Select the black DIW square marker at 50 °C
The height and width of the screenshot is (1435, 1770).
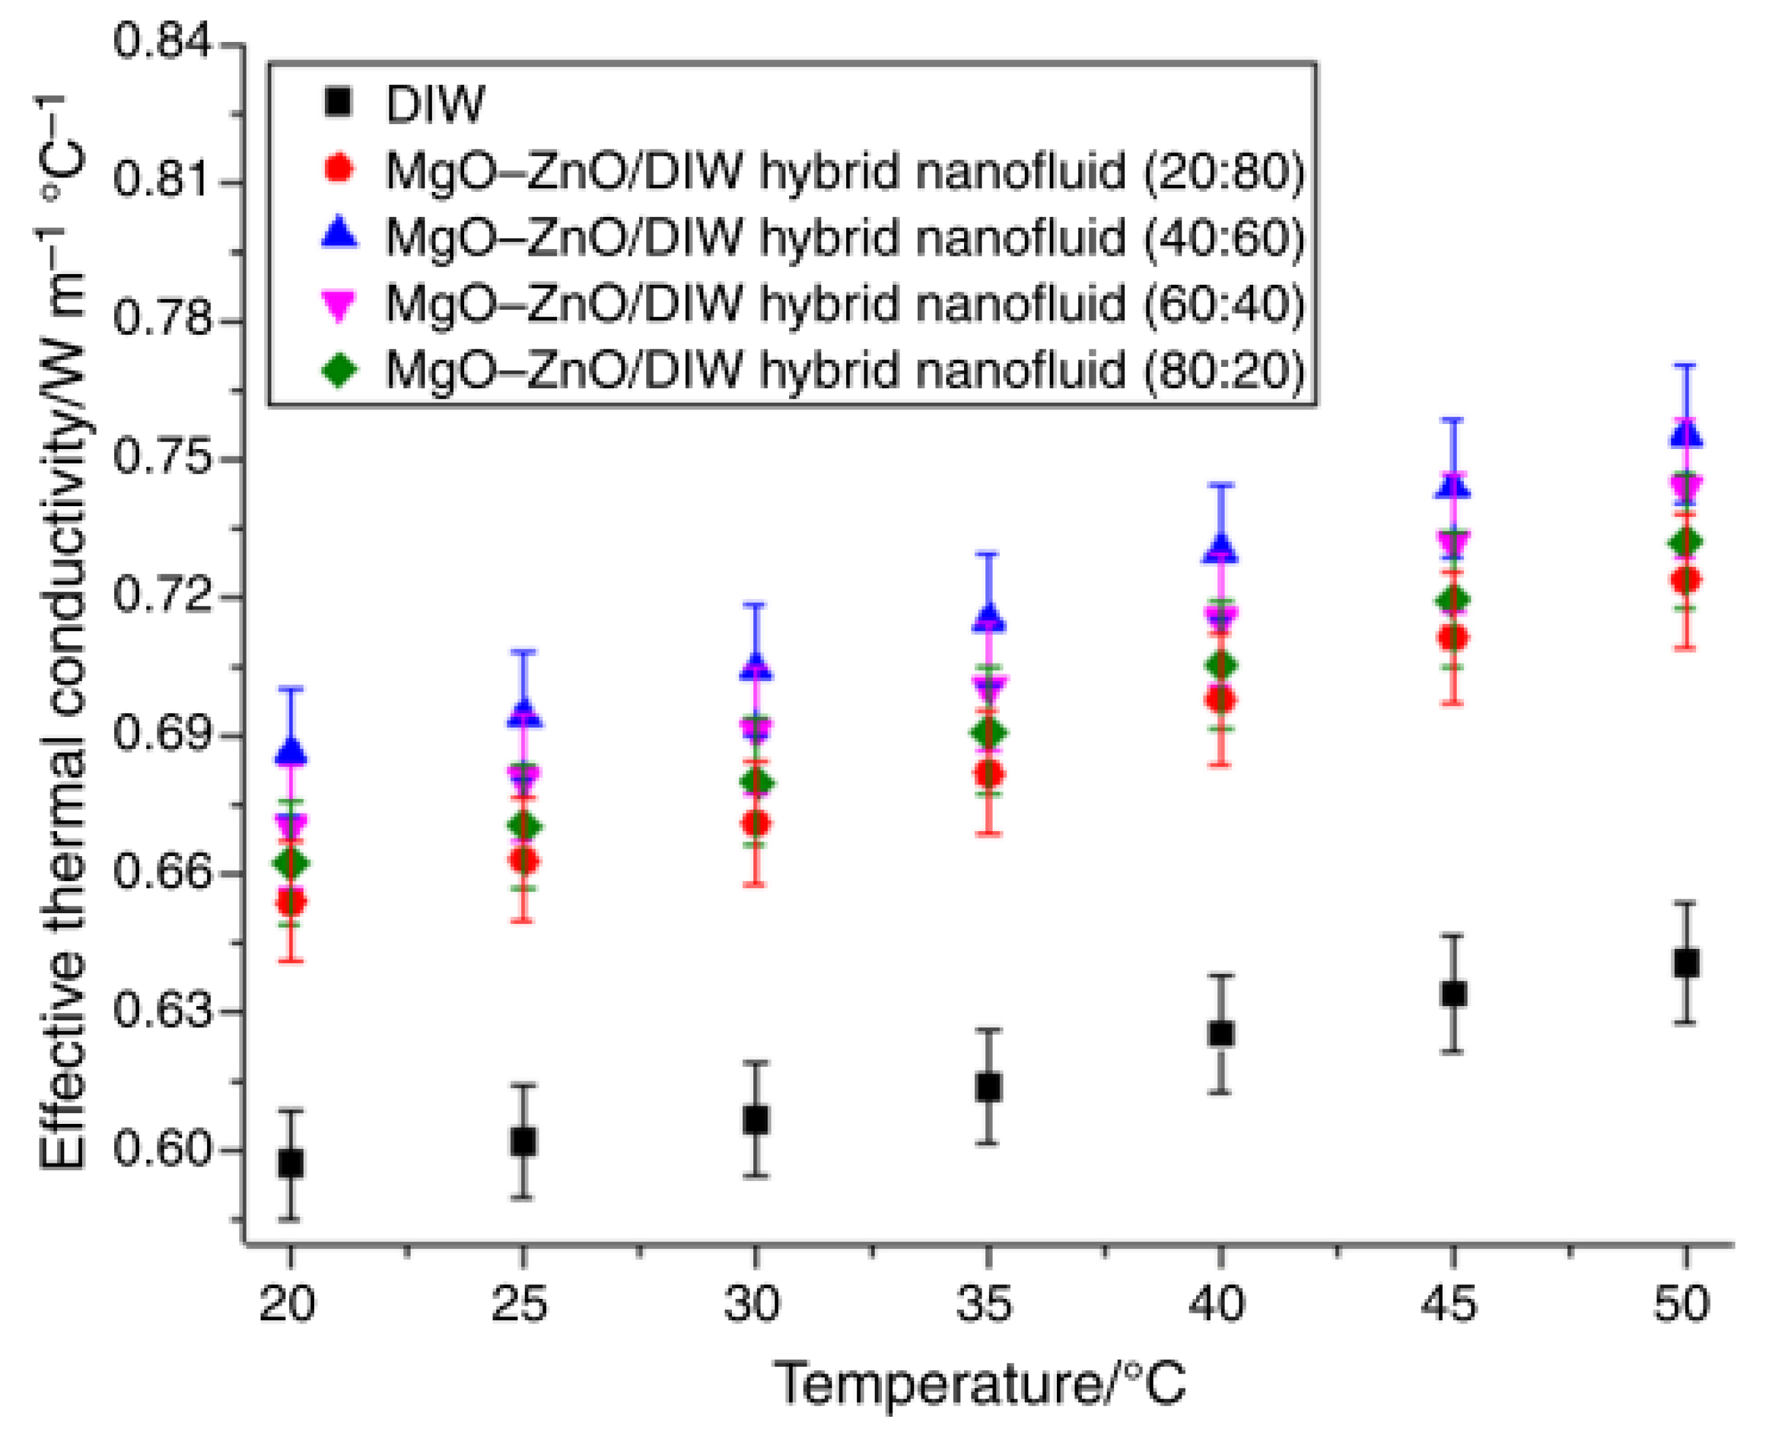[1686, 963]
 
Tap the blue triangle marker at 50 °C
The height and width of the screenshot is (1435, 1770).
[1686, 434]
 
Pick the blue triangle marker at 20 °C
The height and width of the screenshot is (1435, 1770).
[290, 751]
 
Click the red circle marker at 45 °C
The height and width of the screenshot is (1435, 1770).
[1453, 637]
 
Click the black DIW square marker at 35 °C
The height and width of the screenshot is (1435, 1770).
[988, 1087]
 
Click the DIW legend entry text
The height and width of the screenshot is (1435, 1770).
[435, 104]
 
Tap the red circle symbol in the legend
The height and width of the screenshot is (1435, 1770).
[339, 169]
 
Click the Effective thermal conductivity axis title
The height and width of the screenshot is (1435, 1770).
[62, 632]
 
